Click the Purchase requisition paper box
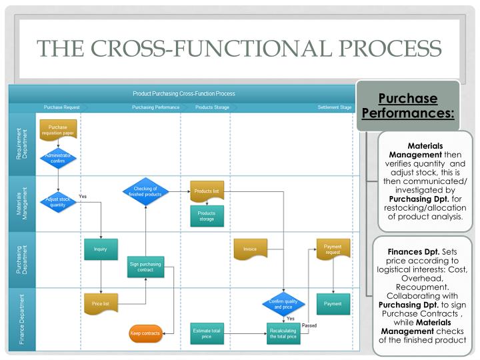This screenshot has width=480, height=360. [58, 130]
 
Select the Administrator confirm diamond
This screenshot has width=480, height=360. [58, 159]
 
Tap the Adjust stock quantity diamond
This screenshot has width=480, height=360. [58, 202]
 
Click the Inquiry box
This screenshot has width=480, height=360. [101, 249]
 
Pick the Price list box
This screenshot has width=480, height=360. [101, 303]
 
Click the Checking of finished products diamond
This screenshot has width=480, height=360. [145, 191]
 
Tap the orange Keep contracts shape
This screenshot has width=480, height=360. [145, 333]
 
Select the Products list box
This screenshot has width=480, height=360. [207, 191]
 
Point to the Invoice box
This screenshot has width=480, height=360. [250, 249]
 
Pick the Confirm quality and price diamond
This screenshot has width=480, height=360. [283, 304]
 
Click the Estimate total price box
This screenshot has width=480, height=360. [207, 333]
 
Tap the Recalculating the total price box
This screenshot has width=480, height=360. [283, 333]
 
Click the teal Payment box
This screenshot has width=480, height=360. [333, 303]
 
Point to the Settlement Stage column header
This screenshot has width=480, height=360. [334, 107]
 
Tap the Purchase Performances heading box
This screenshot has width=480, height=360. [408, 106]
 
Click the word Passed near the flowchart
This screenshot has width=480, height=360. [309, 325]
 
